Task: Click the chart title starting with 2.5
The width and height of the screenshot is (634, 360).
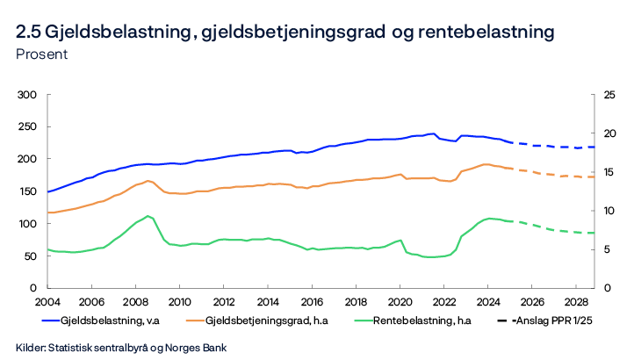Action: click(285, 32)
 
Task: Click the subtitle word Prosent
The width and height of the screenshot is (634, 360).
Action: click(42, 54)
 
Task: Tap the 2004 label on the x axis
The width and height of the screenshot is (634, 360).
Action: click(47, 301)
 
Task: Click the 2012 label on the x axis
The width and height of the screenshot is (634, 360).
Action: click(223, 301)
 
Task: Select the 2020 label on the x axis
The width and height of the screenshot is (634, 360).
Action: click(400, 301)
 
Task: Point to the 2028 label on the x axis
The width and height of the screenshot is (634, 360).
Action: click(575, 301)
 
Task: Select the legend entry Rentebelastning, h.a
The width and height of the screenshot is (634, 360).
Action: click(420, 320)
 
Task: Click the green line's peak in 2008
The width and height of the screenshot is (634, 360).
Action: click(148, 216)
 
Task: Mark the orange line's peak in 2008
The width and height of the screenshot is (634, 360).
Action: click(148, 181)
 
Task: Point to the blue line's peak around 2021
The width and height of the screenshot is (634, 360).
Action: click(432, 133)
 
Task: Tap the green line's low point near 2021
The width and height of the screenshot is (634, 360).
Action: click(430, 257)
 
